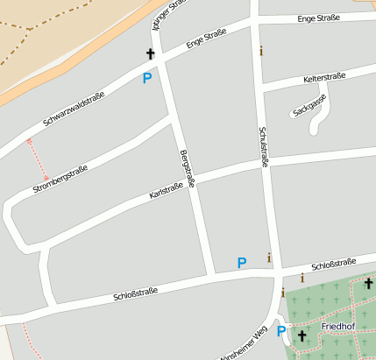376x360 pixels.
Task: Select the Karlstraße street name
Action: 167,190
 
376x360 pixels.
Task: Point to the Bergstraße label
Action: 186,167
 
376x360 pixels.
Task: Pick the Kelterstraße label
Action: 324,77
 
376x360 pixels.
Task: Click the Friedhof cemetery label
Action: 337,327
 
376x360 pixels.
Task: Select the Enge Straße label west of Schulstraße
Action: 206,39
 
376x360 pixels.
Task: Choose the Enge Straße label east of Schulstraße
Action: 318,18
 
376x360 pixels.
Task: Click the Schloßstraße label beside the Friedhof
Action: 334,263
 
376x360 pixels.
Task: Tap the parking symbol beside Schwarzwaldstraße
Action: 146,78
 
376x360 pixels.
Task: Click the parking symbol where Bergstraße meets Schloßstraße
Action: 242,262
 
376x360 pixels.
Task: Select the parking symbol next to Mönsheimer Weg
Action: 281,331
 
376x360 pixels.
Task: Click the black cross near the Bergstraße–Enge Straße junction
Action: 150,54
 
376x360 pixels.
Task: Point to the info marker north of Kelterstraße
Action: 260,51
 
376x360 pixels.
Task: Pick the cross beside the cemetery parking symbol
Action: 302,335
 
